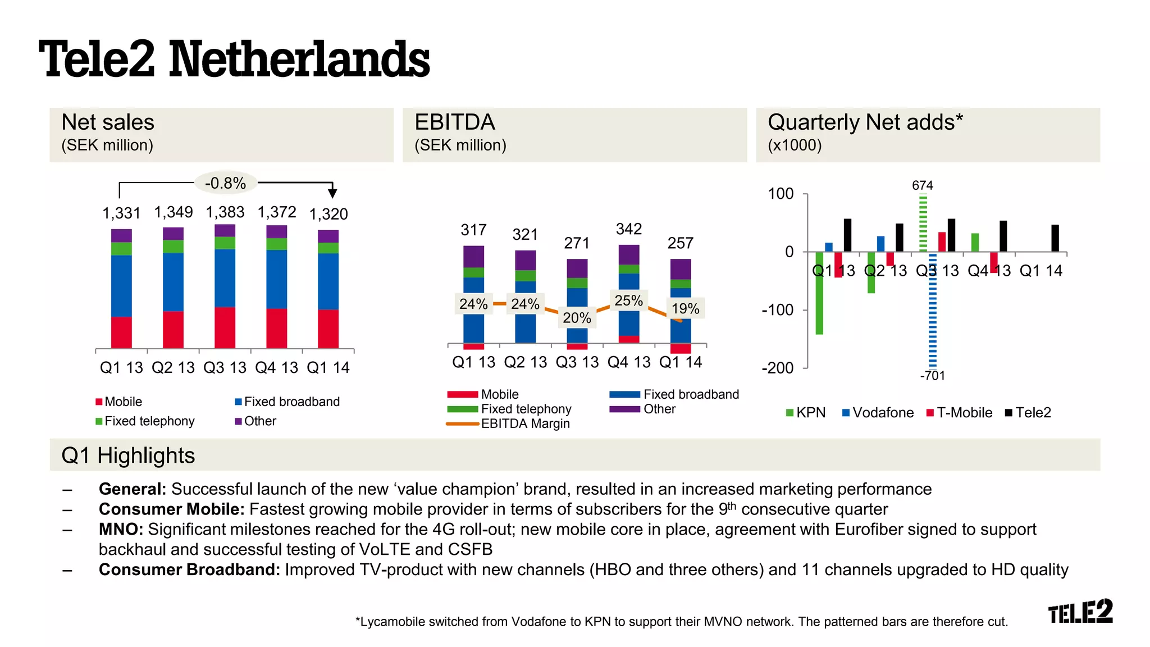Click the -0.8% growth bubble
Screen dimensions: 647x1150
(225, 183)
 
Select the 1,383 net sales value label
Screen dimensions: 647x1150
(225, 212)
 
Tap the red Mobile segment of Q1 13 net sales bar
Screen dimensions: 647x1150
(121, 332)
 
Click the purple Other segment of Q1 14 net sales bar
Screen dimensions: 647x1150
(328, 236)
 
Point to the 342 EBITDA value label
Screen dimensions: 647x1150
(628, 229)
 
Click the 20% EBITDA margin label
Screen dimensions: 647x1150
(577, 318)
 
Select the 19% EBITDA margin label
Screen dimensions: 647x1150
(685, 308)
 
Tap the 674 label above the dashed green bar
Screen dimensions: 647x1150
(923, 185)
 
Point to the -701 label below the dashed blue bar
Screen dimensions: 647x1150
(932, 376)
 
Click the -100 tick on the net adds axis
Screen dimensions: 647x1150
(777, 310)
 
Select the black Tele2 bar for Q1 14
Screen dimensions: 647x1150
(1055, 238)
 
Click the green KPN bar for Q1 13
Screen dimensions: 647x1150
(819, 293)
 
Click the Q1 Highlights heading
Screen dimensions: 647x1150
(128, 455)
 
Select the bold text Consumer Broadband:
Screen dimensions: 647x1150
(189, 570)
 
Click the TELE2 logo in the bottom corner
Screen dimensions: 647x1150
(1080, 612)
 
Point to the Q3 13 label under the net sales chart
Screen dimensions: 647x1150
(225, 368)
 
